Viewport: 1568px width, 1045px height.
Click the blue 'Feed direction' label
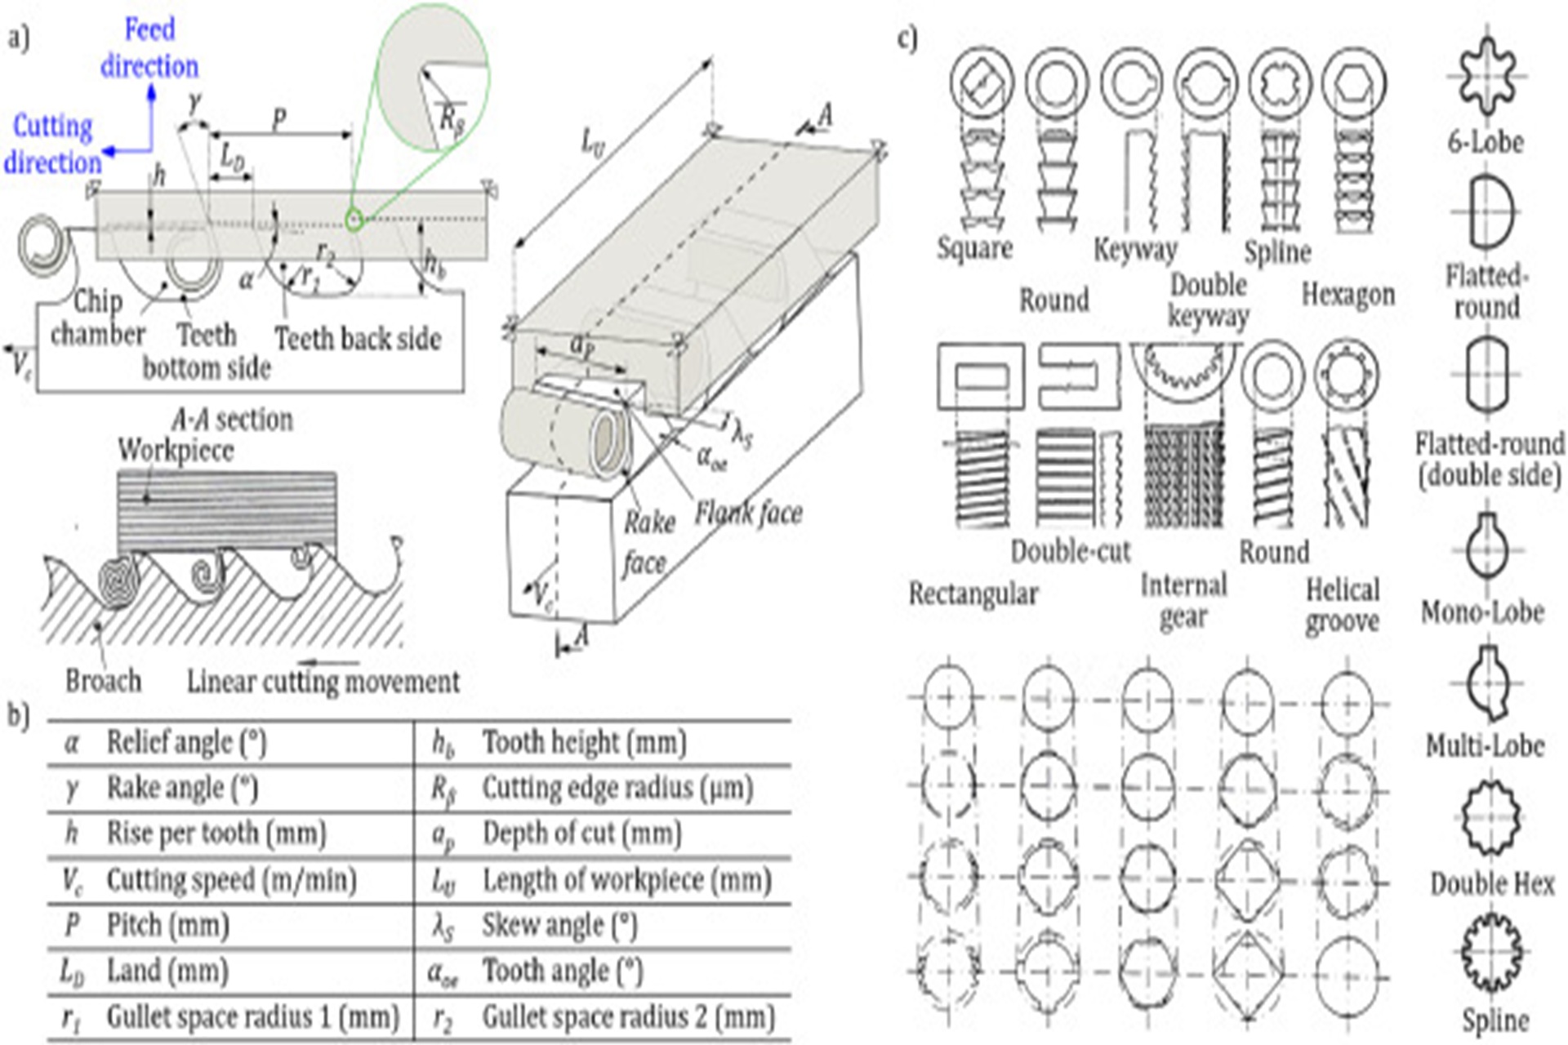[x=149, y=48]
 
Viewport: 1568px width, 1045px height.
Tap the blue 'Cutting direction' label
[x=53, y=145]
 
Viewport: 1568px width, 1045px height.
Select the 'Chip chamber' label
[x=98, y=318]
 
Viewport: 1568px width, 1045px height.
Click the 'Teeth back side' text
[x=358, y=338]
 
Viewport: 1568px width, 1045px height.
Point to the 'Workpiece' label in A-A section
[x=176, y=450]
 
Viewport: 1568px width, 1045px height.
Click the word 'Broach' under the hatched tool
[x=103, y=680]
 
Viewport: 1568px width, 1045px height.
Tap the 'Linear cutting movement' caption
[x=323, y=681]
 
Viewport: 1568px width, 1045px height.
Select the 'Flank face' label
[x=748, y=513]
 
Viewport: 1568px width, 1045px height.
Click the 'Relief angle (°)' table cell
[x=187, y=742]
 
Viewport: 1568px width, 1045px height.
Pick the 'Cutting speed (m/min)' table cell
[x=232, y=879]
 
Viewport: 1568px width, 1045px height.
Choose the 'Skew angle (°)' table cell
[x=559, y=925]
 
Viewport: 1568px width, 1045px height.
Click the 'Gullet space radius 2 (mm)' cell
[x=628, y=1017]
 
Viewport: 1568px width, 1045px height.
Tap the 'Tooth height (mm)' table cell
[x=584, y=742]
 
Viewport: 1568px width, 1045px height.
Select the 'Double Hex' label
[x=1492, y=884]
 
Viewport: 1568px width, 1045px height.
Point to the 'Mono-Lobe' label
[x=1482, y=611]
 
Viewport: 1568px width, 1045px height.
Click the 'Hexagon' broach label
[x=1347, y=294]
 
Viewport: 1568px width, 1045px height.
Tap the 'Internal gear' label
[x=1183, y=601]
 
